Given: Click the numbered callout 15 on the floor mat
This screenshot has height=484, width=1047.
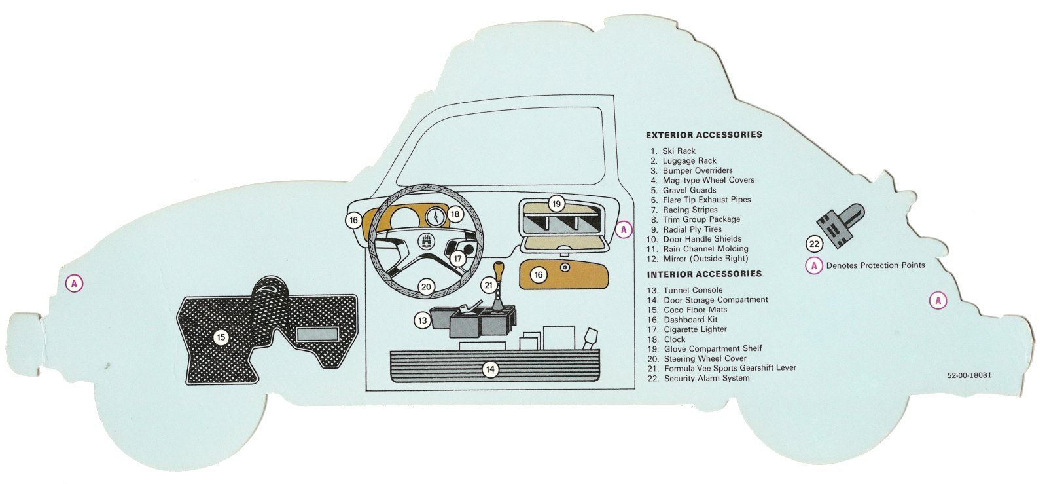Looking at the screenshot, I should pyautogui.click(x=221, y=337).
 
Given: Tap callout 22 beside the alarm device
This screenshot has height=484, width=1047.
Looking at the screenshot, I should pyautogui.click(x=814, y=244).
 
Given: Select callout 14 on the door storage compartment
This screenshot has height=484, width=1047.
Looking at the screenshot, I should pyautogui.click(x=489, y=369).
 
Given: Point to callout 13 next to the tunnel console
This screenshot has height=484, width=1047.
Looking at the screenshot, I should pyautogui.click(x=423, y=320).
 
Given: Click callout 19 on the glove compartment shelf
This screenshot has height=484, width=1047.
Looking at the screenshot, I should pyautogui.click(x=556, y=204).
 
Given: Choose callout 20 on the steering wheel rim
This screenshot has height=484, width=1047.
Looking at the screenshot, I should pyautogui.click(x=426, y=286).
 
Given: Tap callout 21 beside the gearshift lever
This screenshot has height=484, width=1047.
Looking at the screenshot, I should pyautogui.click(x=489, y=285).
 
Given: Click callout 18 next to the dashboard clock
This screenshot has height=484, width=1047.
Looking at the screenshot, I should pyautogui.click(x=455, y=214).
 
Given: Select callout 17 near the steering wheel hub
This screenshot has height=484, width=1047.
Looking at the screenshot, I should pyautogui.click(x=457, y=259).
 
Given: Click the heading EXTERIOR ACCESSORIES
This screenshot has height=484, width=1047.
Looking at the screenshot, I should pyautogui.click(x=703, y=135).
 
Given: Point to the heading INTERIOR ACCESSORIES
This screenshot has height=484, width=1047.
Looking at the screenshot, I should pyautogui.click(x=704, y=274).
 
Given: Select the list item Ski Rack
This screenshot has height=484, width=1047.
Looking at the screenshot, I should pyautogui.click(x=679, y=151).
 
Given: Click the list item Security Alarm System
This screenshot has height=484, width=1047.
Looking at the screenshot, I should pyautogui.click(x=707, y=378).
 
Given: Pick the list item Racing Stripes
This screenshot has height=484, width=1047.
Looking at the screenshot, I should pyautogui.click(x=690, y=210).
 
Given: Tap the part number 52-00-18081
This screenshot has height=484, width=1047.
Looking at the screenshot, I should pyautogui.click(x=968, y=375).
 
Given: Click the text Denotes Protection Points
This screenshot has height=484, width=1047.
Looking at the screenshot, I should pyautogui.click(x=875, y=265).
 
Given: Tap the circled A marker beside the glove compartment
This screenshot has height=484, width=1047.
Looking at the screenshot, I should pyautogui.click(x=624, y=230).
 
